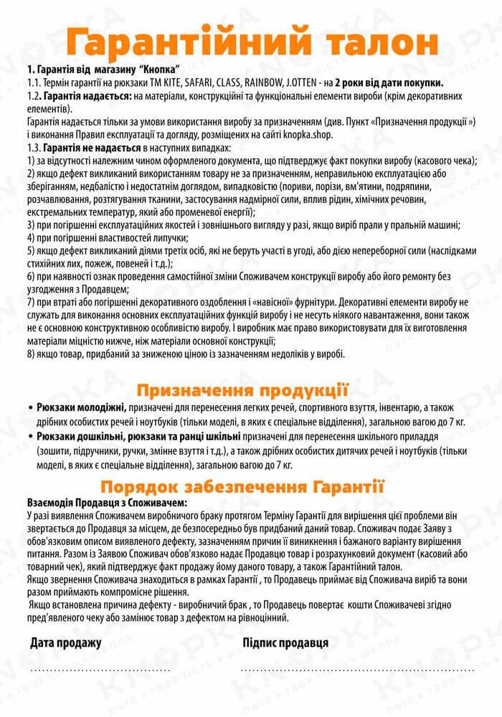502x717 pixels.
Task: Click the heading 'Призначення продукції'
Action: pos(242,390)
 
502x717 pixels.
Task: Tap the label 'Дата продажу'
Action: pos(66,642)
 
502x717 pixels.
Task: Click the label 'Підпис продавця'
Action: pos(285,642)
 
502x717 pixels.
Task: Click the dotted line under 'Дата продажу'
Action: pos(100,669)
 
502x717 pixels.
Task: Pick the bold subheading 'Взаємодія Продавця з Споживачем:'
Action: pos(105,503)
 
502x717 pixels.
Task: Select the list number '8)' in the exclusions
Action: pos(31,353)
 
